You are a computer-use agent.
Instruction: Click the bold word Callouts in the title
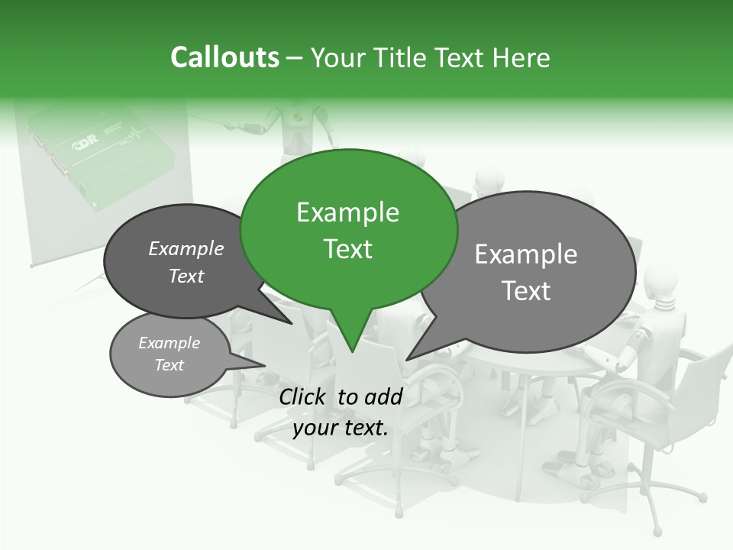(x=224, y=58)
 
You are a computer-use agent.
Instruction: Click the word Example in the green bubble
(x=347, y=212)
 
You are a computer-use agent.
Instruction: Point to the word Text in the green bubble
(x=347, y=249)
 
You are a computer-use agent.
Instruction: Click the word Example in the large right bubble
(x=526, y=254)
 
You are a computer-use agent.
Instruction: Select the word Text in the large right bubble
(x=526, y=290)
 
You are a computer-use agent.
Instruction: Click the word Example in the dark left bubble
(x=186, y=248)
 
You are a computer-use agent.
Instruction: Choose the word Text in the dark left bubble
(x=186, y=276)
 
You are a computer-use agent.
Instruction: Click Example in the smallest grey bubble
(x=169, y=343)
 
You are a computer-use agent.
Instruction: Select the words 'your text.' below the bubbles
(x=341, y=428)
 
